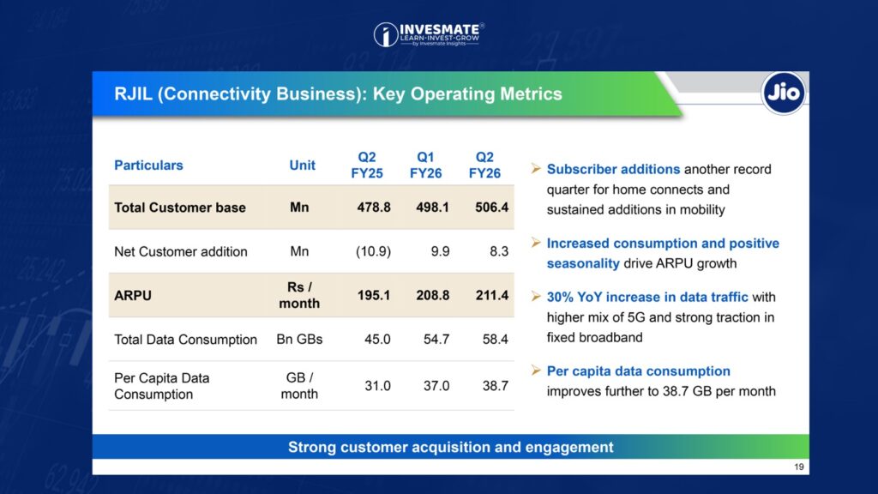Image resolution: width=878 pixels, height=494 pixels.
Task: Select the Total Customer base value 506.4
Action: [x=490, y=208]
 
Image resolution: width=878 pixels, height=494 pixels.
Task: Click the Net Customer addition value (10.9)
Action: [x=374, y=251]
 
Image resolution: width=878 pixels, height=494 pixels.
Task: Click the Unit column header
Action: [x=302, y=165]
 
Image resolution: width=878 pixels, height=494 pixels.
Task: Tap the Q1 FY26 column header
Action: [x=425, y=165]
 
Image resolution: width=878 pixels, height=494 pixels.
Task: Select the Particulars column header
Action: [x=148, y=165]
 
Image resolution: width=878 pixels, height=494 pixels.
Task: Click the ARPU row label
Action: [x=130, y=295]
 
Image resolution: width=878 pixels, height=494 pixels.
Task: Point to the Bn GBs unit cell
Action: [x=299, y=339]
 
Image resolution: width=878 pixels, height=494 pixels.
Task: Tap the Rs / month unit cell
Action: [x=299, y=295]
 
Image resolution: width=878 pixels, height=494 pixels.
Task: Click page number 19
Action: [x=799, y=467]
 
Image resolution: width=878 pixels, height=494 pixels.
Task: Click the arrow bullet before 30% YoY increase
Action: [x=535, y=297]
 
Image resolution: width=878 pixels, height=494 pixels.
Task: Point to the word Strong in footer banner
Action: [x=312, y=447]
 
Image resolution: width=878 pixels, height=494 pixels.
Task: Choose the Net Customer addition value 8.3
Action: [x=499, y=251]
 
